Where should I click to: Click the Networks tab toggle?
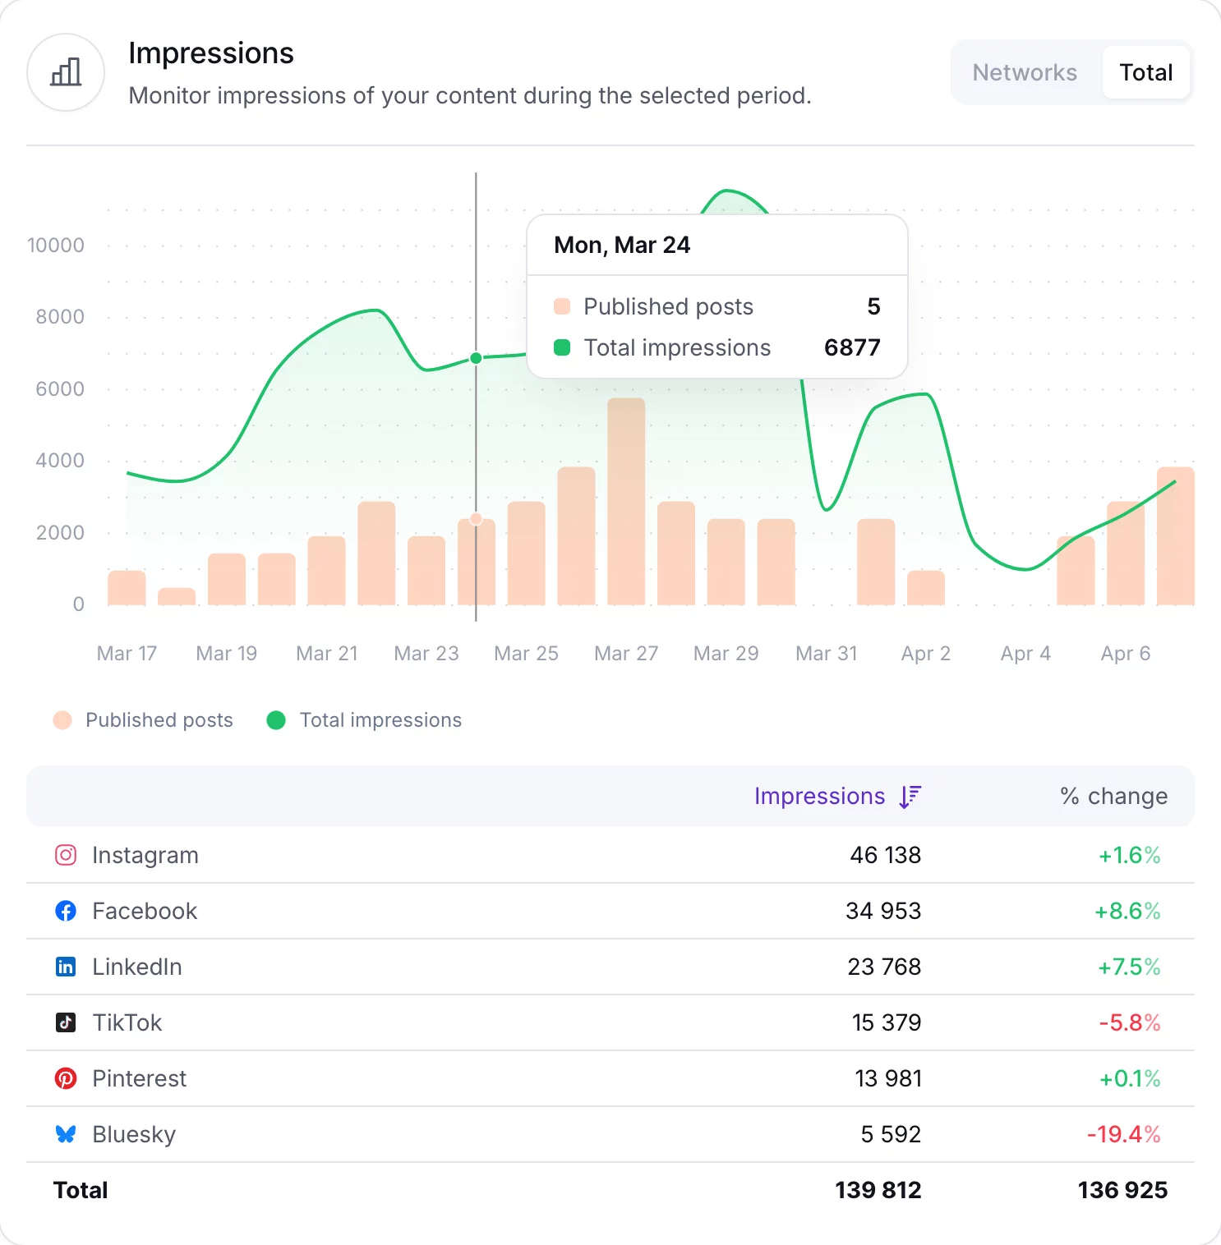pos(1024,72)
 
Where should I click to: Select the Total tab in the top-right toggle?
pos(1145,72)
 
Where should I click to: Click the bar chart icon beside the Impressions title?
pos(66,72)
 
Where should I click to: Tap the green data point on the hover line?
pos(476,358)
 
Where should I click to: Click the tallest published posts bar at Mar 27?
pos(626,501)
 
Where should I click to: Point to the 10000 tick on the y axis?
pos(56,246)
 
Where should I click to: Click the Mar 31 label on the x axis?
pos(826,654)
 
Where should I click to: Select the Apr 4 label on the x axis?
pos(1025,654)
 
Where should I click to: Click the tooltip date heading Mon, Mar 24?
pos(622,246)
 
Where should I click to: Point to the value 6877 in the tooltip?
pos(852,348)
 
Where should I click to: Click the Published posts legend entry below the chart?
pos(144,720)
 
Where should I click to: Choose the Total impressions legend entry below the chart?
pos(365,720)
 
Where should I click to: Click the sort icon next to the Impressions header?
pos(910,797)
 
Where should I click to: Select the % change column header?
pos(1113,797)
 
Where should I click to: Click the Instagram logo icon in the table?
pos(66,855)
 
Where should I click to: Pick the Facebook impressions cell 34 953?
pos(883,911)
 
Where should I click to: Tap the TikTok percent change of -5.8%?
pos(1130,1022)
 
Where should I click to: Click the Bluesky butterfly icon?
pos(66,1134)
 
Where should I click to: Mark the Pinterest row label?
pos(139,1078)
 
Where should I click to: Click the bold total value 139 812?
pos(878,1190)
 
